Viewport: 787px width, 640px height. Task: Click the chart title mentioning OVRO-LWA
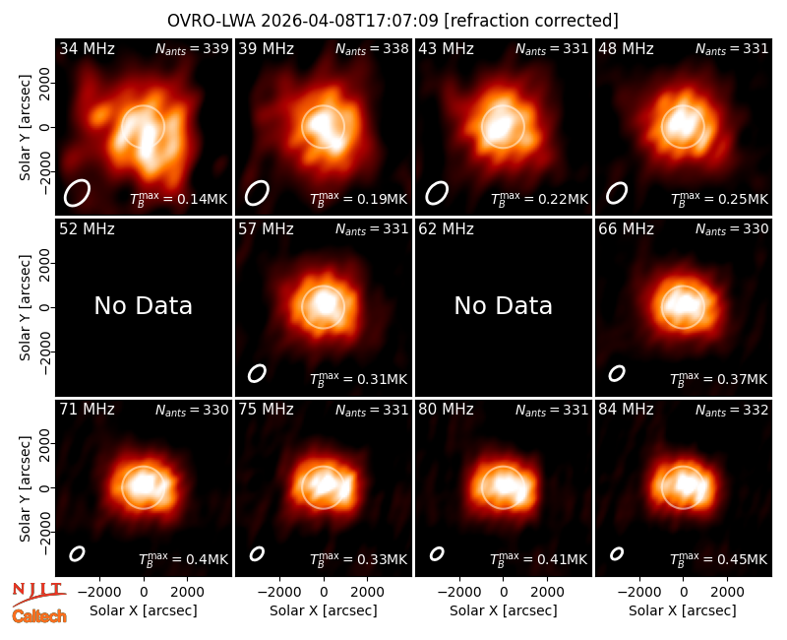[393, 21]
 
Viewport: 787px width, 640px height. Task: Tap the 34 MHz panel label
[87, 48]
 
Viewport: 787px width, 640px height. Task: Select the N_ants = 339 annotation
[192, 48]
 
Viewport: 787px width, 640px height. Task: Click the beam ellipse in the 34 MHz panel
[77, 192]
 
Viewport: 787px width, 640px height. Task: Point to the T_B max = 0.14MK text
[179, 199]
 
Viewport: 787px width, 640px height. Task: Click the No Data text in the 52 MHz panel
[143, 306]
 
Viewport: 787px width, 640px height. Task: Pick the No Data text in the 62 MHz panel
[503, 306]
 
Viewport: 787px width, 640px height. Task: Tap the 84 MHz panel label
[626, 410]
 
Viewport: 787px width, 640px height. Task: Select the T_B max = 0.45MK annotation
[719, 559]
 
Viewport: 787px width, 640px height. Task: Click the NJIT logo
[38, 593]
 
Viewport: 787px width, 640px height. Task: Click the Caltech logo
[39, 616]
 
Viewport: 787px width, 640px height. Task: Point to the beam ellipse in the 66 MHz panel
[617, 373]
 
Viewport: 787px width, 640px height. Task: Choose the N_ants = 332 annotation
[732, 410]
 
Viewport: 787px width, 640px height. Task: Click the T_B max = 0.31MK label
[358, 379]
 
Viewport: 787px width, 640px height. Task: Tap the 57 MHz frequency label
[266, 229]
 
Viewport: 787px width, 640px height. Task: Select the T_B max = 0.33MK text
[358, 559]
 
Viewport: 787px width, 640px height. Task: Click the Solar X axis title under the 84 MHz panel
[683, 610]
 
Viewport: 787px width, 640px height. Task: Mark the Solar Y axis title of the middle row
[25, 307]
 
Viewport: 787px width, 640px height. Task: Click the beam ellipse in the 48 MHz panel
[617, 193]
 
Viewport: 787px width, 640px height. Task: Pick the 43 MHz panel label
[447, 48]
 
